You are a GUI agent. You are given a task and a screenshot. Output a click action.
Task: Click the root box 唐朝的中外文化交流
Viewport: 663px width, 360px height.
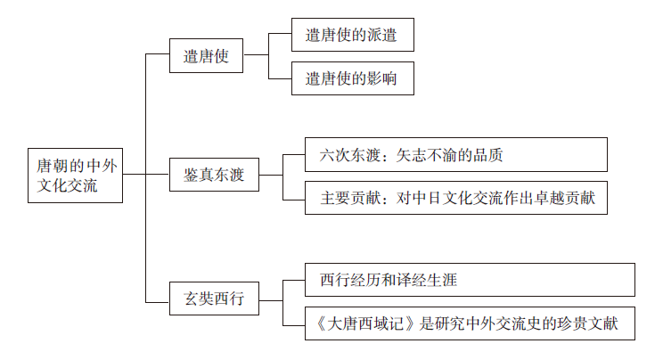click(x=75, y=175)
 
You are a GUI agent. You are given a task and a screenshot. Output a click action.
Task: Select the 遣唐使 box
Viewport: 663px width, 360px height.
click(x=207, y=55)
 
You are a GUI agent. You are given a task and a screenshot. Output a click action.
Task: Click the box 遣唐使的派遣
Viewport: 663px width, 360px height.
click(x=351, y=36)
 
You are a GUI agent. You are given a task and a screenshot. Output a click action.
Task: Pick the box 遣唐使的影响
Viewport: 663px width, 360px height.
click(x=351, y=79)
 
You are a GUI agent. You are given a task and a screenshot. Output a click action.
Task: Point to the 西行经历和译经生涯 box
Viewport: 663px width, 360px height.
click(x=470, y=280)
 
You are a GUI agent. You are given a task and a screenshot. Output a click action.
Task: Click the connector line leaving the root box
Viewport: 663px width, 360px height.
click(x=135, y=175)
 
